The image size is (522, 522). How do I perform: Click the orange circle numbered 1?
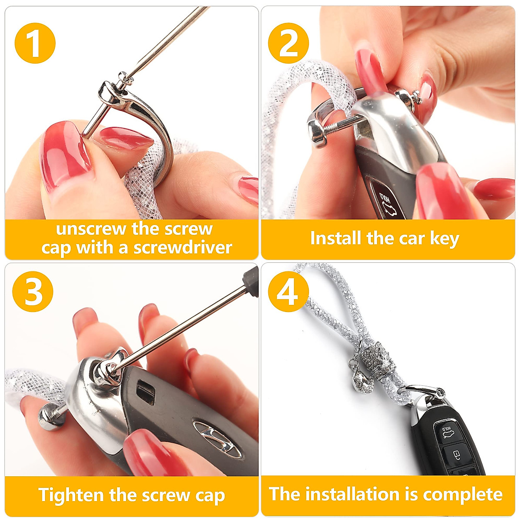tap(35, 43)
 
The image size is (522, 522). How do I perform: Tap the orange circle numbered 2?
tap(288, 43)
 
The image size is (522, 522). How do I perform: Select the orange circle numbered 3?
tap(33, 292)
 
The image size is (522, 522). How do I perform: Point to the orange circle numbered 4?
tap(288, 292)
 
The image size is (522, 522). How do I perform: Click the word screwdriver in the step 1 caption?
tap(183, 248)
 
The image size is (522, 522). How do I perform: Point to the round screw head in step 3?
tap(48, 416)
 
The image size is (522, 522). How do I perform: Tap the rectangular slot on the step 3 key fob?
tap(146, 391)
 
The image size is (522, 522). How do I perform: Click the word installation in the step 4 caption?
tap(352, 494)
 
